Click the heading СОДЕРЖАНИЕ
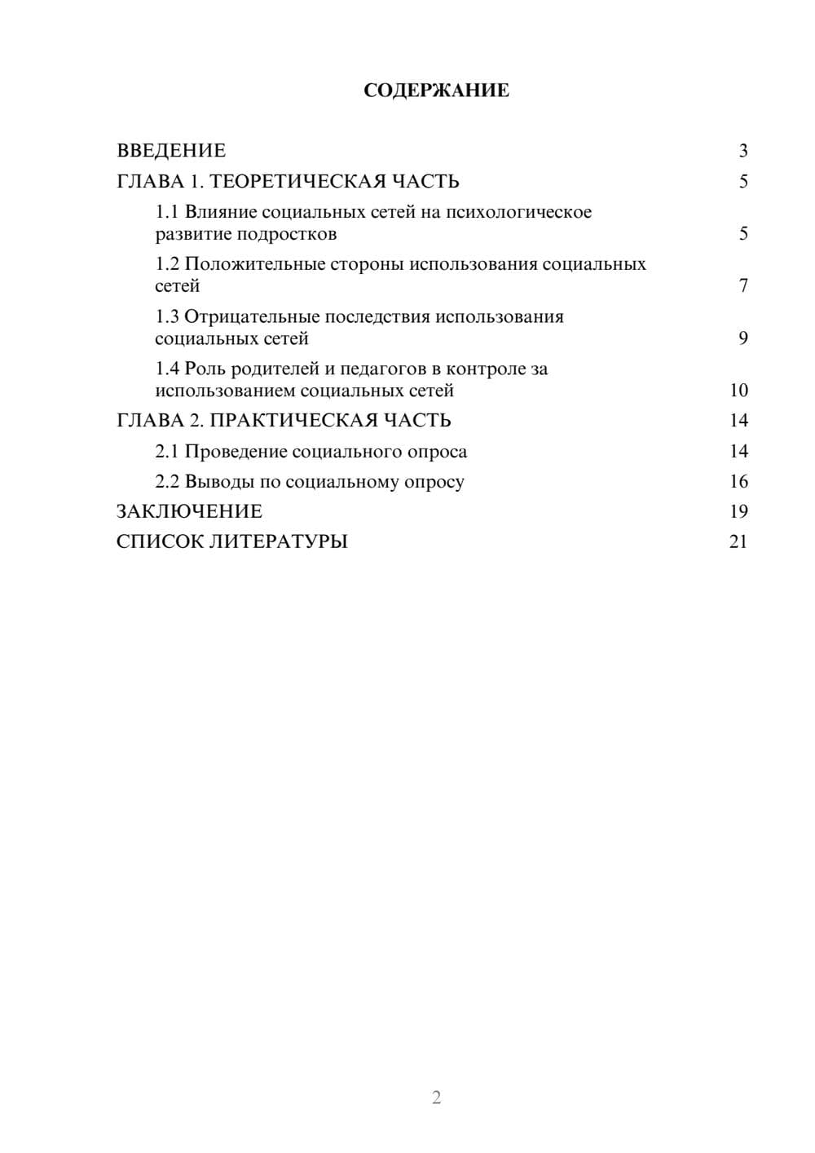pyautogui.click(x=436, y=91)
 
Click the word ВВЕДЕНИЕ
pyautogui.click(x=171, y=151)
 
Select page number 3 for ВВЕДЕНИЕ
pyautogui.click(x=743, y=151)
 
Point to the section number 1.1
pyautogui.click(x=167, y=212)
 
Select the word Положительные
pyautogui.click(x=253, y=264)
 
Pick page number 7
pyautogui.click(x=743, y=286)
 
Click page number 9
pyautogui.click(x=743, y=338)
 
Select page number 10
pyautogui.click(x=738, y=391)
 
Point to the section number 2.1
pyautogui.click(x=167, y=452)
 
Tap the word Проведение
pyautogui.click(x=236, y=452)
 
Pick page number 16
pyautogui.click(x=738, y=482)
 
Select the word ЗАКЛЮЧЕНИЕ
pyautogui.click(x=189, y=512)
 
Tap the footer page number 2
pyautogui.click(x=436, y=1098)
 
